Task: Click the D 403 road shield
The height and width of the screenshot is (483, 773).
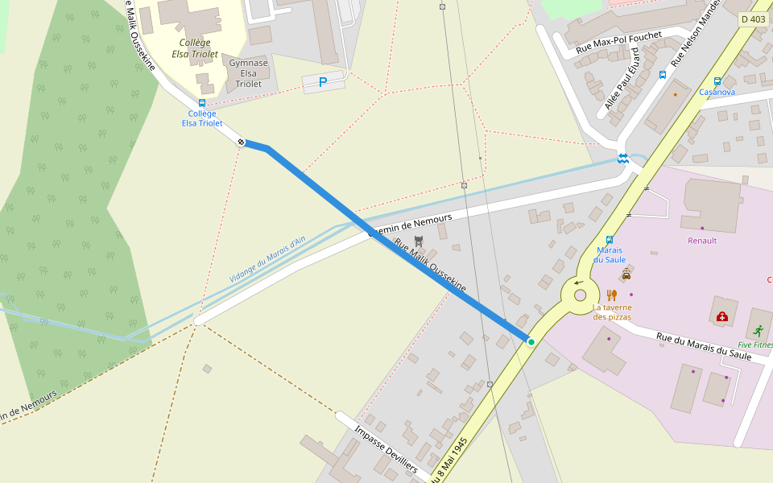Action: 753,19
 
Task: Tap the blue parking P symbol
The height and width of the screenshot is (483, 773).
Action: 323,81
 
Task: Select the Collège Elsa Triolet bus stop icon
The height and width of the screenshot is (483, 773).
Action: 201,103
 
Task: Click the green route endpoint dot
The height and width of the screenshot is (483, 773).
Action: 531,342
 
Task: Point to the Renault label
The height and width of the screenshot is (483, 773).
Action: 702,241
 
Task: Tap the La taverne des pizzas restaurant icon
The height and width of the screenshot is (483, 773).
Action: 612,295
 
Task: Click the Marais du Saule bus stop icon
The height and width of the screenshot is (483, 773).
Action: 609,239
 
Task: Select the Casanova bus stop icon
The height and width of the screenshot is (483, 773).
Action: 717,80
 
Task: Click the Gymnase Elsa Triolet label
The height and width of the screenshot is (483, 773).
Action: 249,73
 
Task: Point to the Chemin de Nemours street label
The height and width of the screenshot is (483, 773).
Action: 410,225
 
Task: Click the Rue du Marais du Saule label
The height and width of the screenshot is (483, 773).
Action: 704,347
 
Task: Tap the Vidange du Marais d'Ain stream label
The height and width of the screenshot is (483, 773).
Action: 267,259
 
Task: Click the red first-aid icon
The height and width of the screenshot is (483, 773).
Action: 721,316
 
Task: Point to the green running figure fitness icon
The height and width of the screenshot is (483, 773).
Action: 758,331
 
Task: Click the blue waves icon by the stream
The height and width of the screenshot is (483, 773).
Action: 622,158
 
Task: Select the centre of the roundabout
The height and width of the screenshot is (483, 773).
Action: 581,295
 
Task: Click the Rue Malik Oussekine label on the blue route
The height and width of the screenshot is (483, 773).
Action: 430,265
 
